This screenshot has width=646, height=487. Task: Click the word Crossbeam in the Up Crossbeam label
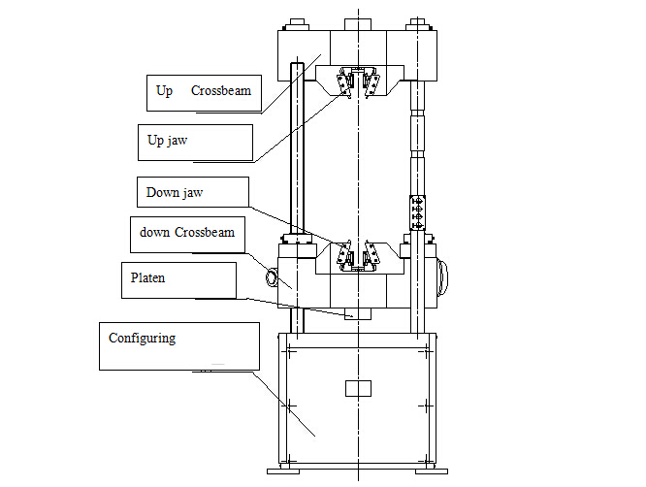click(x=221, y=90)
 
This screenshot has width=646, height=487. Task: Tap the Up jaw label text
click(x=167, y=141)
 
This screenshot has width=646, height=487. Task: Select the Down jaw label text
click(x=175, y=192)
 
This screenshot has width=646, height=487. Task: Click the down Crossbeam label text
click(x=187, y=232)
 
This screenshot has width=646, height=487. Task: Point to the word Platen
click(x=147, y=277)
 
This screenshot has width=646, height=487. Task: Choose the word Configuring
click(x=143, y=339)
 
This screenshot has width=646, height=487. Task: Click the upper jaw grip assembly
click(x=359, y=82)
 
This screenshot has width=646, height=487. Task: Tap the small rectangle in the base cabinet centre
click(x=358, y=388)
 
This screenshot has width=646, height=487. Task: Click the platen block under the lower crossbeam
click(x=358, y=313)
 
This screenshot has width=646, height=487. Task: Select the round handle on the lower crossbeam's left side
click(x=272, y=277)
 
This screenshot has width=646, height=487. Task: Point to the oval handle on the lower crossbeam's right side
click(x=442, y=277)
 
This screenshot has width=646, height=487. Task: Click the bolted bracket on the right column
click(x=417, y=212)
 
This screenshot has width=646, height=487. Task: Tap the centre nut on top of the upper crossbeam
click(x=358, y=24)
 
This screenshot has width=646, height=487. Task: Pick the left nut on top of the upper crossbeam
click(x=297, y=24)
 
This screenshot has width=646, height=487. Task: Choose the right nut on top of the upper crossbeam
click(x=418, y=24)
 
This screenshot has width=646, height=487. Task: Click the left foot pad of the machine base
click(x=283, y=471)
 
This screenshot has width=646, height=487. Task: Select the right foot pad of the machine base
click(x=432, y=471)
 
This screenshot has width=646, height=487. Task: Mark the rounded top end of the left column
click(x=297, y=65)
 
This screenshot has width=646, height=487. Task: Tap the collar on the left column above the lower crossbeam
click(x=297, y=239)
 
